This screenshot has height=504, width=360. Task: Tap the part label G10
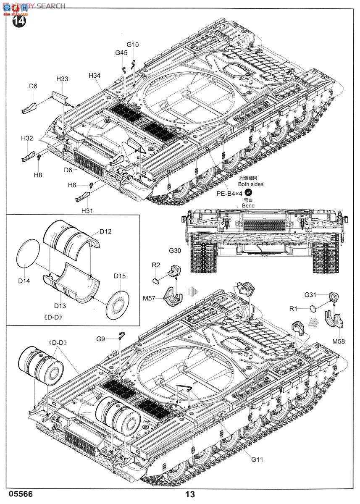tap(132, 45)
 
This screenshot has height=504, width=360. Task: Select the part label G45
tap(121, 52)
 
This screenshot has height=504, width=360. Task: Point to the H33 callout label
tap(62, 79)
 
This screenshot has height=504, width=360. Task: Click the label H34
tap(95, 76)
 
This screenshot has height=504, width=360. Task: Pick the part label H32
tap(27, 138)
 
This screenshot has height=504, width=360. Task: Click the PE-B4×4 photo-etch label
tap(229, 193)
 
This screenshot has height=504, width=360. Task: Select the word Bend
tap(248, 206)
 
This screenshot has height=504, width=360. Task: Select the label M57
tap(149, 298)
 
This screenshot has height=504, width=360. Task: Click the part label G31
tap(310, 295)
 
